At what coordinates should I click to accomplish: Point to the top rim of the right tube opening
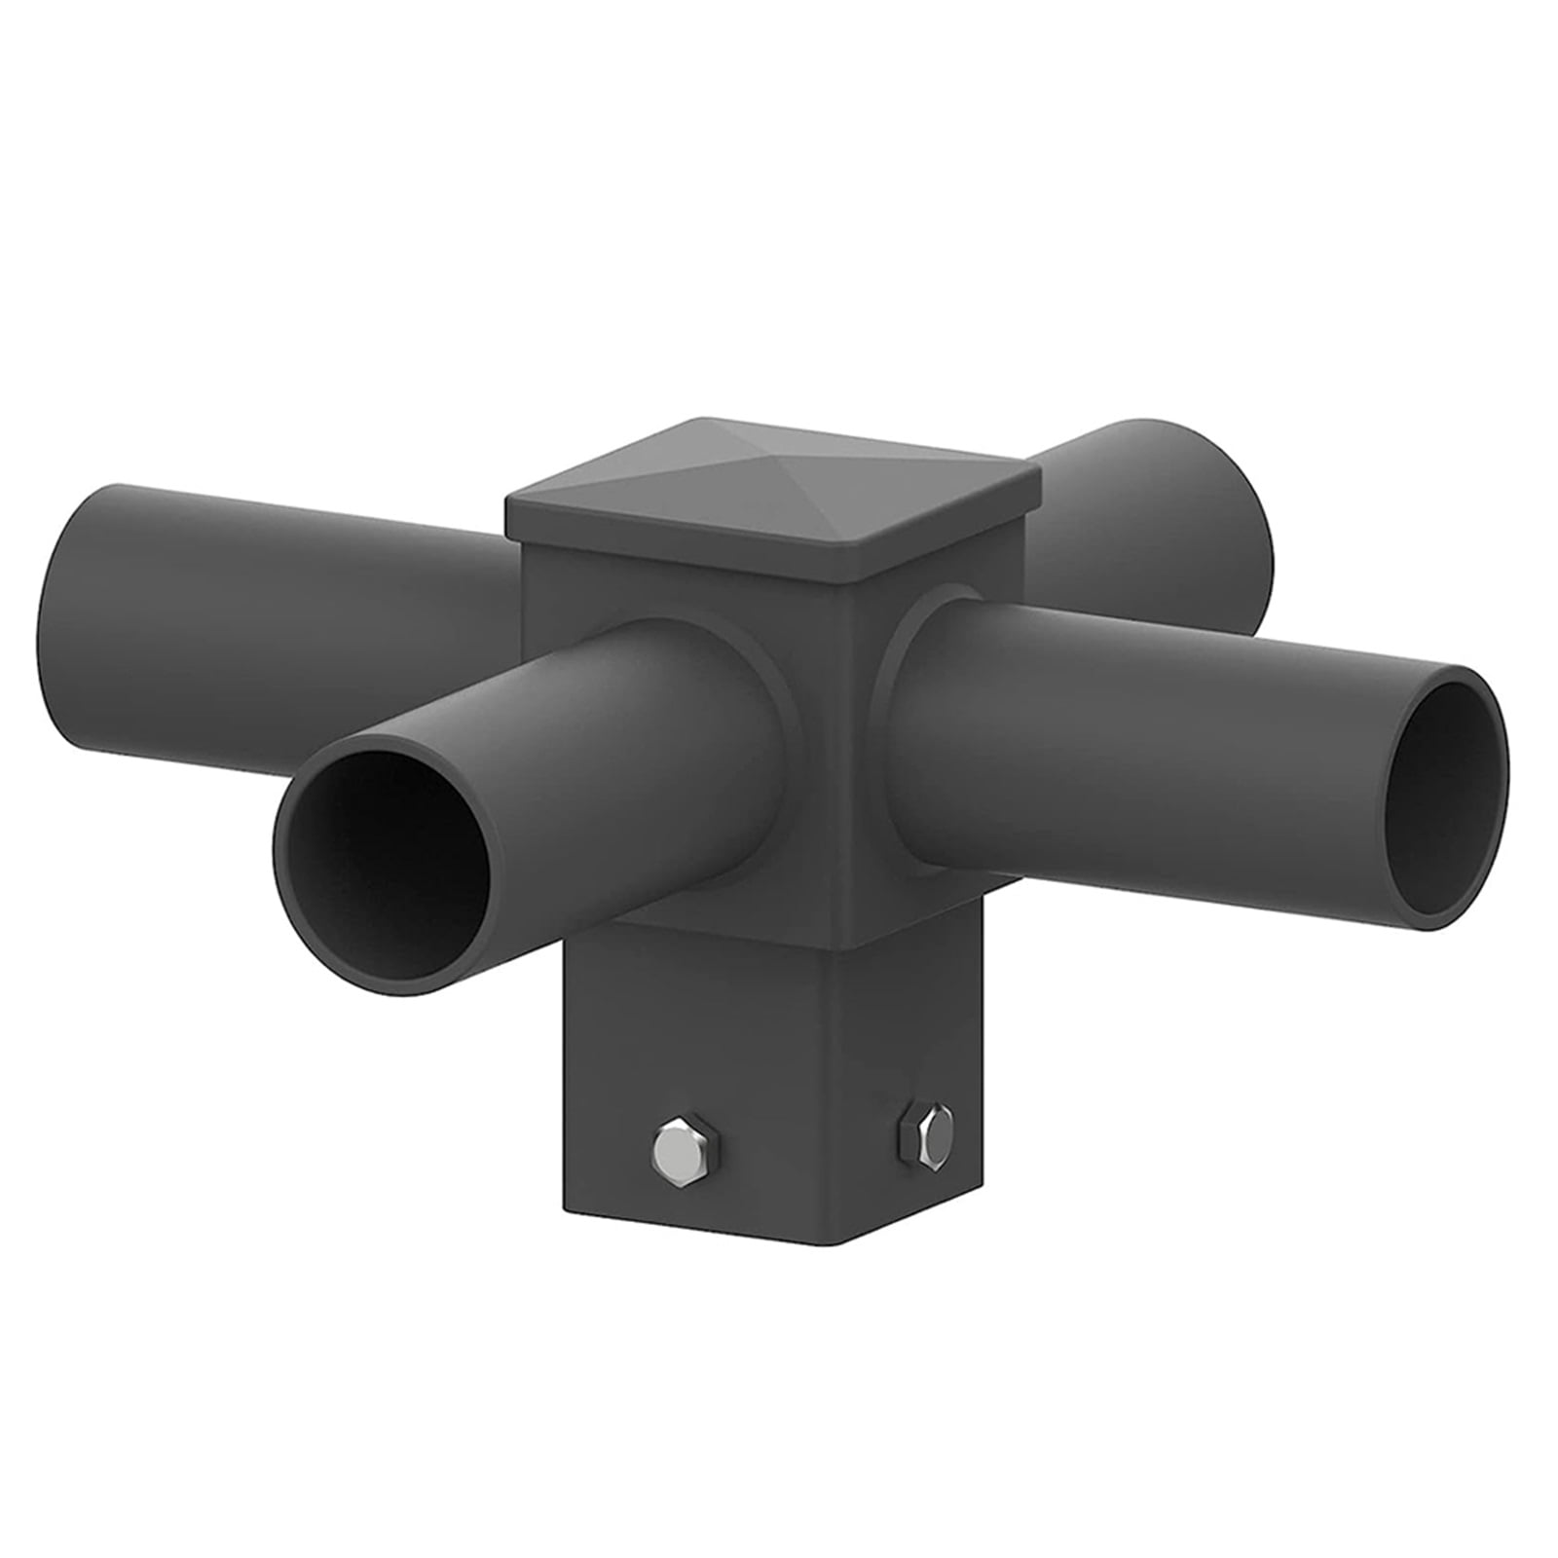pos(1456,672)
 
